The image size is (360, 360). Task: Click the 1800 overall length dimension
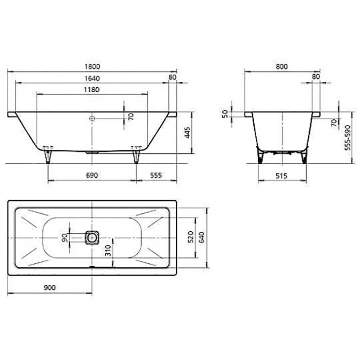click(92, 66)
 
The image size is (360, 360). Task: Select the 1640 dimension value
click(92, 78)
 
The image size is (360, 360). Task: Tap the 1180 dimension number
click(92, 89)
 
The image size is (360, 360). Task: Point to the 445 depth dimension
click(188, 133)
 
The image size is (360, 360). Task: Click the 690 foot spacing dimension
click(92, 175)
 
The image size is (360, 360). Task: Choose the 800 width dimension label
click(282, 66)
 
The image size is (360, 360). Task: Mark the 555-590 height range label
click(348, 138)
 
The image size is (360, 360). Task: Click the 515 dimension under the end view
click(281, 176)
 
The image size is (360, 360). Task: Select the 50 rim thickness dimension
click(225, 114)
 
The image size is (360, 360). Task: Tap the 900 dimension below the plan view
click(49, 288)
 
